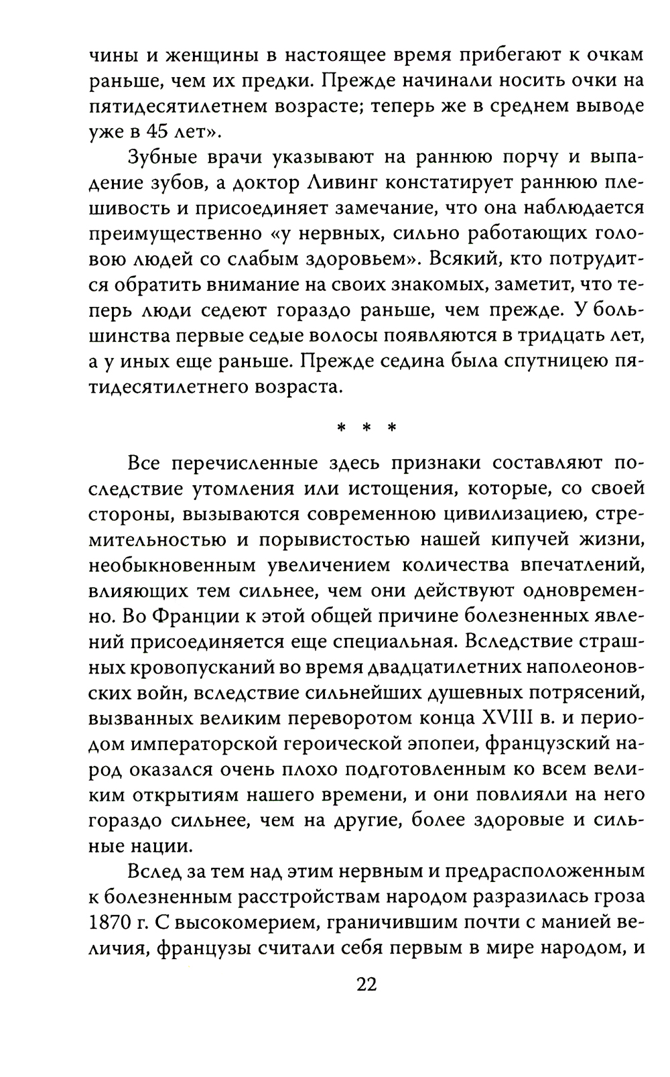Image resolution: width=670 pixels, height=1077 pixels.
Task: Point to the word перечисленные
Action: click(235, 464)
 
